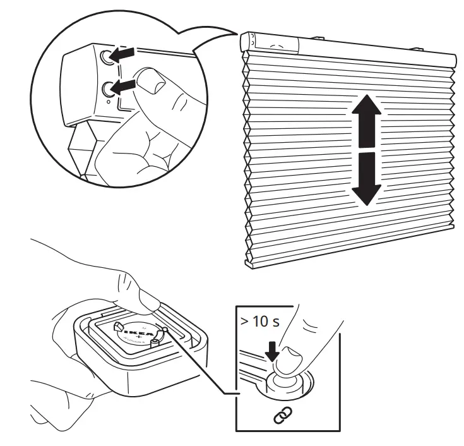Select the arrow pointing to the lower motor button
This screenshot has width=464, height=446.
127,85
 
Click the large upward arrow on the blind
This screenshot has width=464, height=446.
366,120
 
